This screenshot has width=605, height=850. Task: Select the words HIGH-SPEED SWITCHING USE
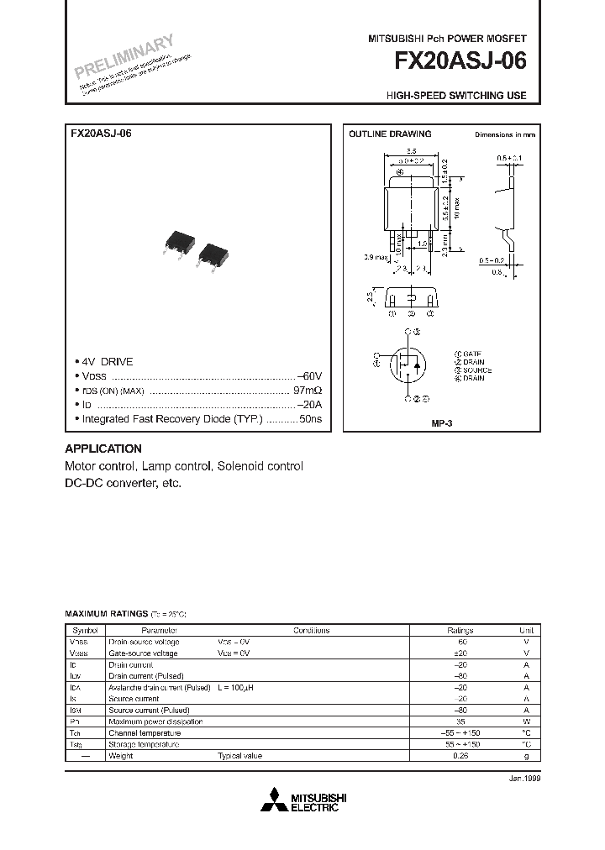click(456, 96)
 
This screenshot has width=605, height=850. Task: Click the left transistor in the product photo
click(177, 239)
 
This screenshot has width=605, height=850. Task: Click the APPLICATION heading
click(103, 449)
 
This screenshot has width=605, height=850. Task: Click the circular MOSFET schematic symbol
click(409, 363)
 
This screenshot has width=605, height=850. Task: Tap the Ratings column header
click(460, 630)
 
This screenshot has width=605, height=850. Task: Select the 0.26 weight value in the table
click(460, 756)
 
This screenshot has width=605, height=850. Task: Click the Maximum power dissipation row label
click(155, 721)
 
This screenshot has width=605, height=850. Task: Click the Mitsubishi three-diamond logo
click(274, 800)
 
